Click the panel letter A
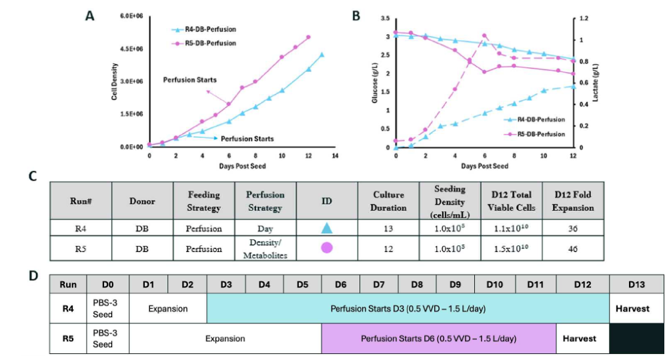coord(89,16)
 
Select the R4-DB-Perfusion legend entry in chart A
coord(203,29)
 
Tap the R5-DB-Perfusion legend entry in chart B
coord(535,134)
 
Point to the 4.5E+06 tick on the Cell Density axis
coord(131,49)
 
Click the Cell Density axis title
coord(114,82)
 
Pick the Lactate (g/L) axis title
coord(596,83)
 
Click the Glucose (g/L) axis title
coord(375,83)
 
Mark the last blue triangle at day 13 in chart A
coord(321,55)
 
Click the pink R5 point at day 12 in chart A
coord(308,37)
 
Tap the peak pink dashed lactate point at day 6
coord(484,36)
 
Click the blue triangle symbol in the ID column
coord(327,228)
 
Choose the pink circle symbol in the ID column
coord(327,248)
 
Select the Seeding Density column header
coord(450,201)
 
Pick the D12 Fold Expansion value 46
coord(573,249)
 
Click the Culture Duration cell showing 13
coord(388,229)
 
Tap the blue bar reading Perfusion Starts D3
coord(408,309)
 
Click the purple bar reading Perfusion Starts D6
coord(439,339)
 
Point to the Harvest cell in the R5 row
coord(580,339)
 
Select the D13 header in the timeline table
coord(636,285)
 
